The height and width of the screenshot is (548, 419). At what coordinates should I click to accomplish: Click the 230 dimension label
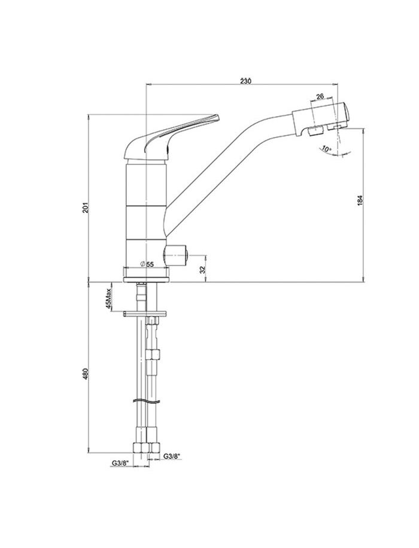point(245,81)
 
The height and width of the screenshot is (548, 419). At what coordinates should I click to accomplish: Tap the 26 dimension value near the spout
point(320,96)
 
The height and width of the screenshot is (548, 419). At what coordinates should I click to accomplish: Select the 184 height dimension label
point(360,200)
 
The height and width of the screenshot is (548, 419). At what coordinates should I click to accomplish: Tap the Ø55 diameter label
point(147,264)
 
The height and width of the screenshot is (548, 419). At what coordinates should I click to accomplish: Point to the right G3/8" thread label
point(172,456)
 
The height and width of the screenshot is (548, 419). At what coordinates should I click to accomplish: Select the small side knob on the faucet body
point(175,256)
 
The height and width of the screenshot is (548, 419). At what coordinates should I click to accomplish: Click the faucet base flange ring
point(146,274)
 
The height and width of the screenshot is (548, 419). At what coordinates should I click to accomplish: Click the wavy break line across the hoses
point(146,401)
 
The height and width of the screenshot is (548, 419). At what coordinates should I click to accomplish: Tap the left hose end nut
point(141,447)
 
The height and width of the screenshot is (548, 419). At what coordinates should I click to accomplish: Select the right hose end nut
point(154,447)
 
